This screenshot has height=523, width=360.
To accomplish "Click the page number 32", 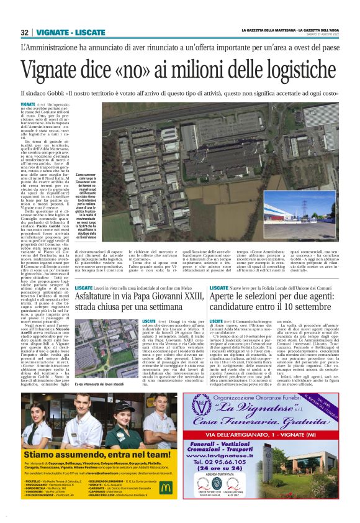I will coord(25,32).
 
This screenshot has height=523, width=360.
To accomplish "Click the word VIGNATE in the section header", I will coord(52,32).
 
